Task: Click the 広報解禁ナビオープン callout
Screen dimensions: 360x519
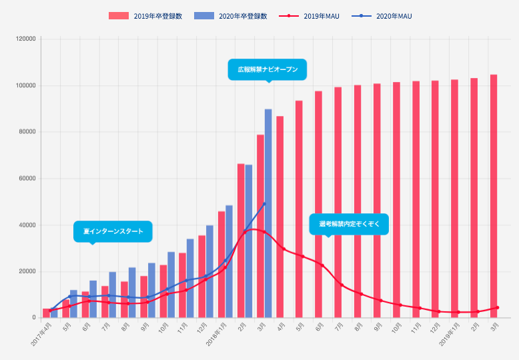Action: pyautogui.click(x=268, y=69)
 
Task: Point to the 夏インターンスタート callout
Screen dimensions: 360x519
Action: pyautogui.click(x=113, y=231)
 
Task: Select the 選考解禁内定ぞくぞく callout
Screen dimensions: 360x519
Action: pyautogui.click(x=349, y=224)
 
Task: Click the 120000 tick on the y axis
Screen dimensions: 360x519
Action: pyautogui.click(x=25, y=39)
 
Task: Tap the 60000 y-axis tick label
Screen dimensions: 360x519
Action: pyautogui.click(x=27, y=179)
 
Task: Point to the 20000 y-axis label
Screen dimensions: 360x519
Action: pyautogui.click(x=27, y=271)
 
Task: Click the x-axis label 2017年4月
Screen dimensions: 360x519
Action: pyautogui.click(x=41, y=333)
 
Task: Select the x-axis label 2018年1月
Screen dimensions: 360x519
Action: pyautogui.click(x=217, y=333)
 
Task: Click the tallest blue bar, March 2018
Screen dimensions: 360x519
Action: pyautogui.click(x=268, y=213)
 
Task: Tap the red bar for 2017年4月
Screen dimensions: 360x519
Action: pyautogui.click(x=46, y=313)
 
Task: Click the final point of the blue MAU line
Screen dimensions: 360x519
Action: pyautogui.click(x=265, y=203)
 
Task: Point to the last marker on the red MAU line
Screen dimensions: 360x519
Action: pyautogui.click(x=497, y=307)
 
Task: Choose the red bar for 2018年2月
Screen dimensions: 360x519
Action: pyautogui.click(x=241, y=241)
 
